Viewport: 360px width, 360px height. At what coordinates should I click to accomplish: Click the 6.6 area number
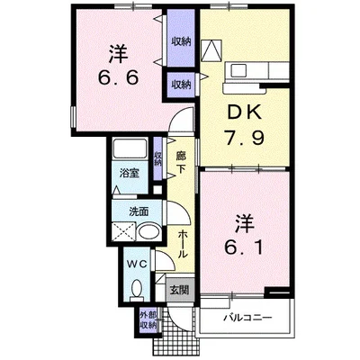118,78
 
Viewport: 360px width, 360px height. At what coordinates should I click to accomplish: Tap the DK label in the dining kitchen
244,113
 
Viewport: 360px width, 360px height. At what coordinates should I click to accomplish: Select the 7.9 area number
245,138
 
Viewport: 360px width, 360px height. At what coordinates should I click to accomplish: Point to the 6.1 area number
244,247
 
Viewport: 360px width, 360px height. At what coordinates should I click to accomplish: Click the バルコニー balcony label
247,318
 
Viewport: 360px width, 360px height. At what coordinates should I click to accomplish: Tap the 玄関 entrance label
179,290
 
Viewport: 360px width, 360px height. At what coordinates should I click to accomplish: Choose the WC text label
136,264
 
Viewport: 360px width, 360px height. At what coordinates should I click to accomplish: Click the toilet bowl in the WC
137,289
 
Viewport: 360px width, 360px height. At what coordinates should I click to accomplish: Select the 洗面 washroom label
139,211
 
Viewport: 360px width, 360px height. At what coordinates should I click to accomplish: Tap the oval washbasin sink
149,232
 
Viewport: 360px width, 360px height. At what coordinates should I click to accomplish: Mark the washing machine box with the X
124,231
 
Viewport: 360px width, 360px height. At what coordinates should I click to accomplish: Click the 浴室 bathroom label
130,173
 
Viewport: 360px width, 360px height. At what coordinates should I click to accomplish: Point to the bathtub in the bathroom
130,148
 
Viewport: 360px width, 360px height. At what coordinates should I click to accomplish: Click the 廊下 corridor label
181,162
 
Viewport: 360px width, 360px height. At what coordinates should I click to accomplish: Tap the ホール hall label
183,245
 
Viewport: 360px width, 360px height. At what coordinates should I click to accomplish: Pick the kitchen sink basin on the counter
238,71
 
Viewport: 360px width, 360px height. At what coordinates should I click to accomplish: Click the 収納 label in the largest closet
181,41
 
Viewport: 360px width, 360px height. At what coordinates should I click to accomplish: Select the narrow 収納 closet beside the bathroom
157,158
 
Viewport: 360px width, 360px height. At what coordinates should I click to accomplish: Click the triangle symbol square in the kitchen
211,49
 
